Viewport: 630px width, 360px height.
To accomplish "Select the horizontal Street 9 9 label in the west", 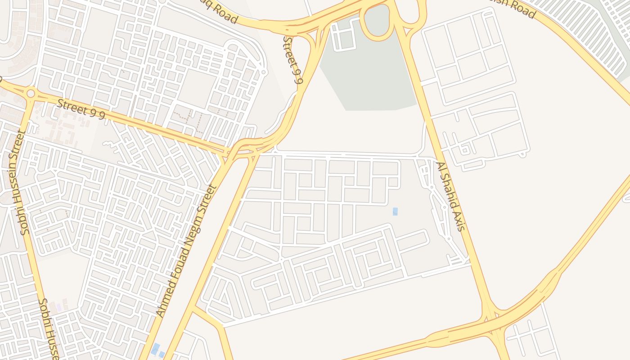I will (81, 109).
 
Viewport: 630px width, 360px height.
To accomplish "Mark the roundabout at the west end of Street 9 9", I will (31, 94).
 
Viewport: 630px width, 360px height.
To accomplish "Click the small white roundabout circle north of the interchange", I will (264, 72).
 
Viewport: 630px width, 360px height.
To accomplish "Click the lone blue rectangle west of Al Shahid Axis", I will (395, 211).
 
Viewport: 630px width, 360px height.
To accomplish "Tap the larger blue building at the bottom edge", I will (155, 348).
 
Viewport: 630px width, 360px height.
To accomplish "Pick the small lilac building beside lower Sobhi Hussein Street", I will (58, 307).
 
